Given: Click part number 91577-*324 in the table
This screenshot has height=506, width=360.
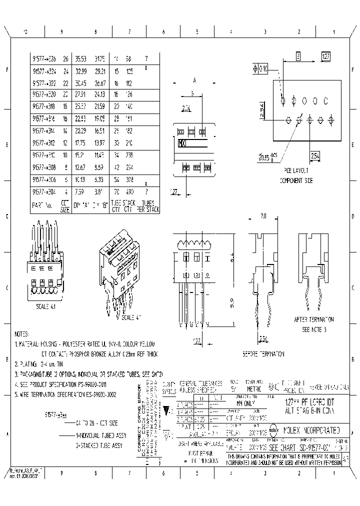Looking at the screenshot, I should pos(44,71).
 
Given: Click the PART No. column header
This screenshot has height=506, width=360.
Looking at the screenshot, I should pos(41,205).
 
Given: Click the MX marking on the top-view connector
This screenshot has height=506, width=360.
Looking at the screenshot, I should pos(182,143).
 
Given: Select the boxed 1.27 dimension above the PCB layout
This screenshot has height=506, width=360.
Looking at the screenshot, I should pos(325,56).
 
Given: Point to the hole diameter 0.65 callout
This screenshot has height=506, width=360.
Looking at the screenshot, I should pos(266,158).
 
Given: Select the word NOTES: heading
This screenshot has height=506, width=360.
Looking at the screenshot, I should pos(22,333).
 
